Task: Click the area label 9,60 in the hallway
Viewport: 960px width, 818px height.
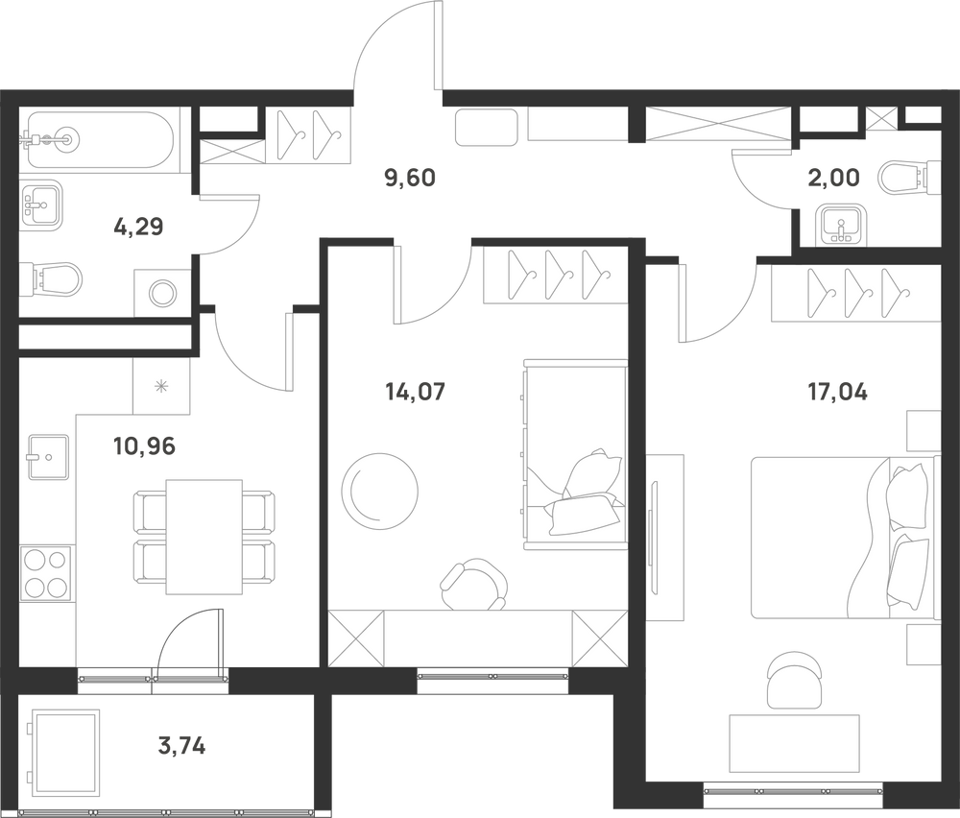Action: coord(410,179)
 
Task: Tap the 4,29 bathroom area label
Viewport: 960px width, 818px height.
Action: coord(138,228)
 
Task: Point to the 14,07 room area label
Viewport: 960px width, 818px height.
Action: coord(415,392)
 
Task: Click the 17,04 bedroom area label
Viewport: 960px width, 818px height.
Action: coord(837,392)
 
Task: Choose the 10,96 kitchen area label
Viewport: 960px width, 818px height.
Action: coord(145,446)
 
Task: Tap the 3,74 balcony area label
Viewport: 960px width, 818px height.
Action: coord(181,746)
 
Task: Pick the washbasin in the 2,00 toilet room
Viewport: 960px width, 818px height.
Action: coord(842,224)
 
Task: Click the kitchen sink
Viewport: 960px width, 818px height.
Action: coord(48,457)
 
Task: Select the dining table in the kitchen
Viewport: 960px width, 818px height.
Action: coord(204,537)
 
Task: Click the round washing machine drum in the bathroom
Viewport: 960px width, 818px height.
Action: coord(162,293)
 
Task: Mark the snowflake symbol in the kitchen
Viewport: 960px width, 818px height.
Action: coord(161,386)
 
